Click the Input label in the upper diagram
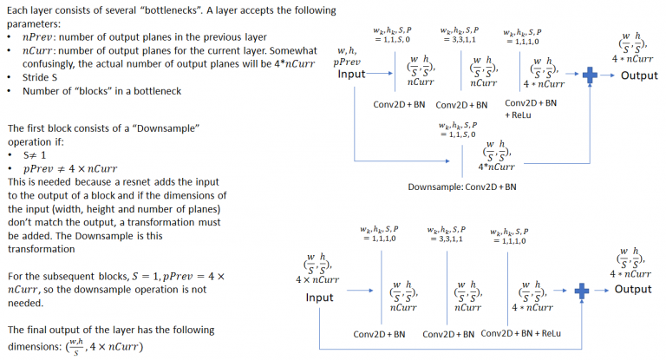coord(351,75)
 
